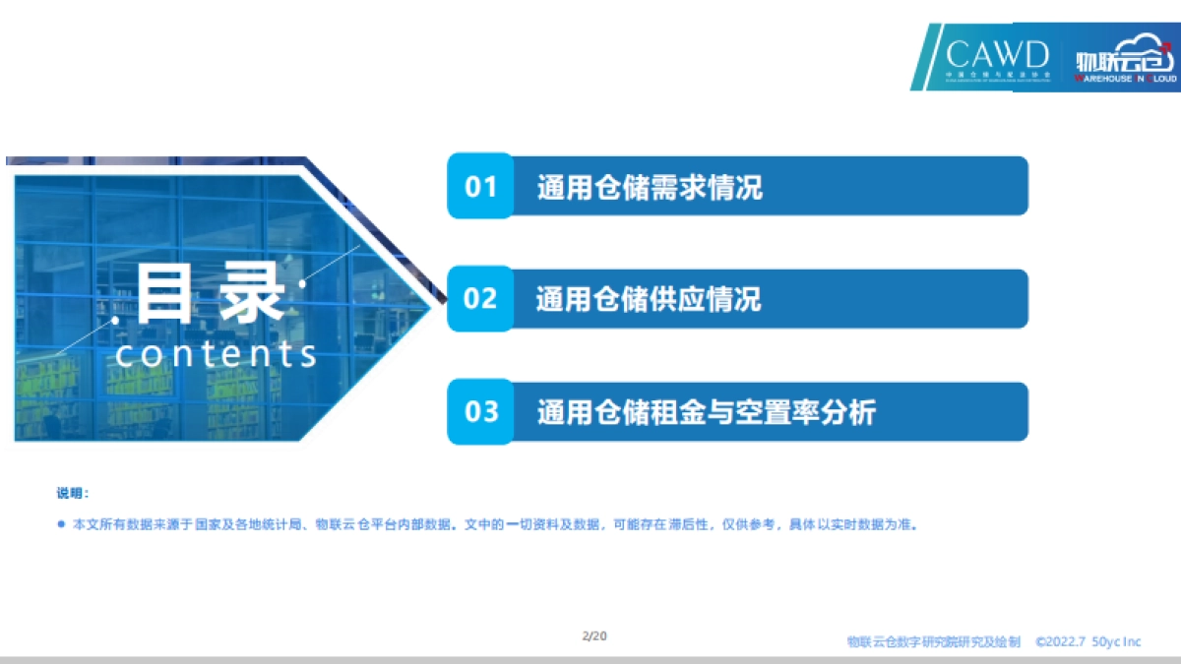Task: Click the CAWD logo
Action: pos(996,57)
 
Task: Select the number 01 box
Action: pos(480,186)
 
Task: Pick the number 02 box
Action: pos(480,298)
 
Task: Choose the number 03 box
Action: pos(481,411)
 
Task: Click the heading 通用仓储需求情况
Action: pos(650,187)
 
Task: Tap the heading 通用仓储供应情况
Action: pos(649,299)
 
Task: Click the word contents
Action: pos(217,354)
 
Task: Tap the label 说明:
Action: pos(73,494)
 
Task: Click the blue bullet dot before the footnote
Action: pos(61,524)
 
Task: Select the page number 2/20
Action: pos(594,635)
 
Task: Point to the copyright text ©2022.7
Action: pos(1059,641)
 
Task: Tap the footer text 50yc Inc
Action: pos(1116,641)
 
